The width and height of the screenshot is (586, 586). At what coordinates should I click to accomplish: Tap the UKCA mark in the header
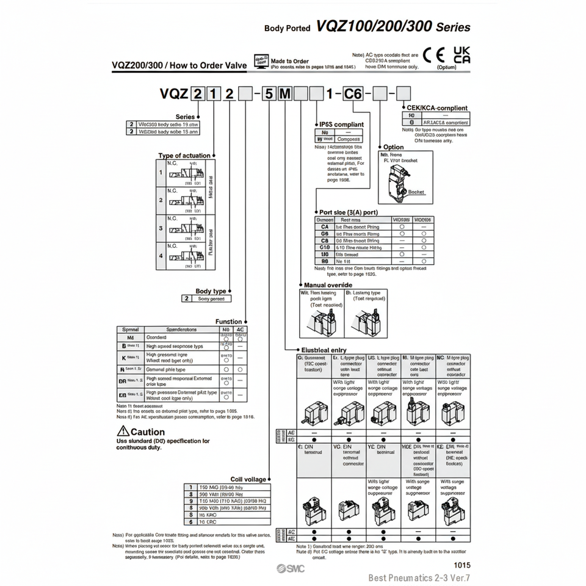coord(462,55)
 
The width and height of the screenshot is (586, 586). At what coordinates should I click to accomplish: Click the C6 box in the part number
coord(353,94)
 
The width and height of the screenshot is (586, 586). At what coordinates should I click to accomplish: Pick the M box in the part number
coord(285,94)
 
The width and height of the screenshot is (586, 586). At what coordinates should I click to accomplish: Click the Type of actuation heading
coord(184,156)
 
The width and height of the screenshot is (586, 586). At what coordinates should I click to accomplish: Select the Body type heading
coord(211,291)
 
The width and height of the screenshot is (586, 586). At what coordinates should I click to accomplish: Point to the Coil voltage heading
coord(248,479)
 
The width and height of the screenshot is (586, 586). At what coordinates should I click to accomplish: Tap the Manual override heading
coord(327,285)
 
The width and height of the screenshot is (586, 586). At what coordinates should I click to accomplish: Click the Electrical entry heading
coord(324,350)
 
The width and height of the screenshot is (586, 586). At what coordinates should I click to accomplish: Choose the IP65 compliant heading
coord(341,125)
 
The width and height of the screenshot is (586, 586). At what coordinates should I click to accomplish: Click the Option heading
coord(393,147)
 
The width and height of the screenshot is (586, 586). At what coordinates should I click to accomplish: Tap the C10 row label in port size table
coord(324,247)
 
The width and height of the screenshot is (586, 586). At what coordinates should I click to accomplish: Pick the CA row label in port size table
coord(324,226)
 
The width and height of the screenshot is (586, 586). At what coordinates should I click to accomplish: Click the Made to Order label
coord(289,61)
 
